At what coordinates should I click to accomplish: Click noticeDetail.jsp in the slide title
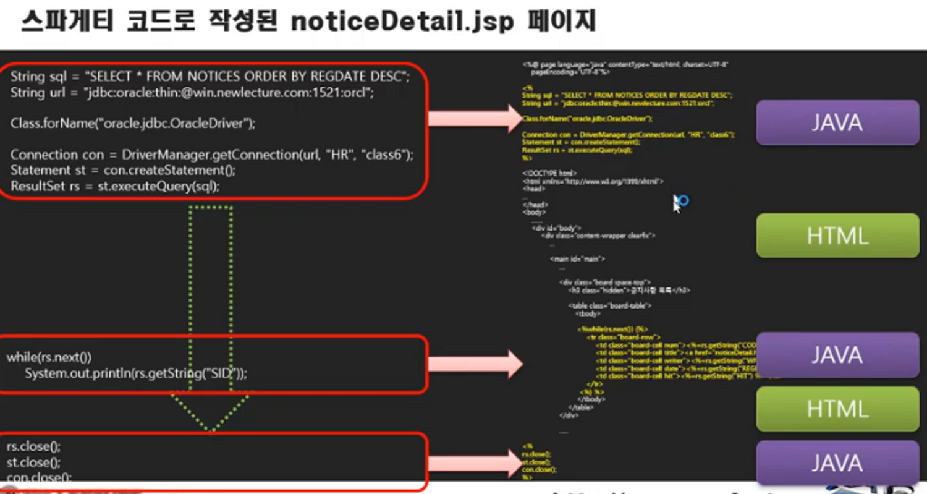(x=402, y=22)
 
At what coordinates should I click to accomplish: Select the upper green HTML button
(x=837, y=236)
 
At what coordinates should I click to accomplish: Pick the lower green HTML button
(x=837, y=409)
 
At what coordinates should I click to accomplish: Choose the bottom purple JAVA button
(x=837, y=463)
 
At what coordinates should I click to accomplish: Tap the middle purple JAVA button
(x=837, y=355)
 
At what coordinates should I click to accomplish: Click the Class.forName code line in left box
(x=133, y=123)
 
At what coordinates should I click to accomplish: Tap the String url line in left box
(x=192, y=93)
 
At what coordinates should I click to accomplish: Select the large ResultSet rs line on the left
(x=115, y=186)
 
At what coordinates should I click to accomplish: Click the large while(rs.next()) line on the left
(x=49, y=357)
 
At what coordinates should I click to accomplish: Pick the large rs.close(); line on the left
(x=25, y=446)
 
